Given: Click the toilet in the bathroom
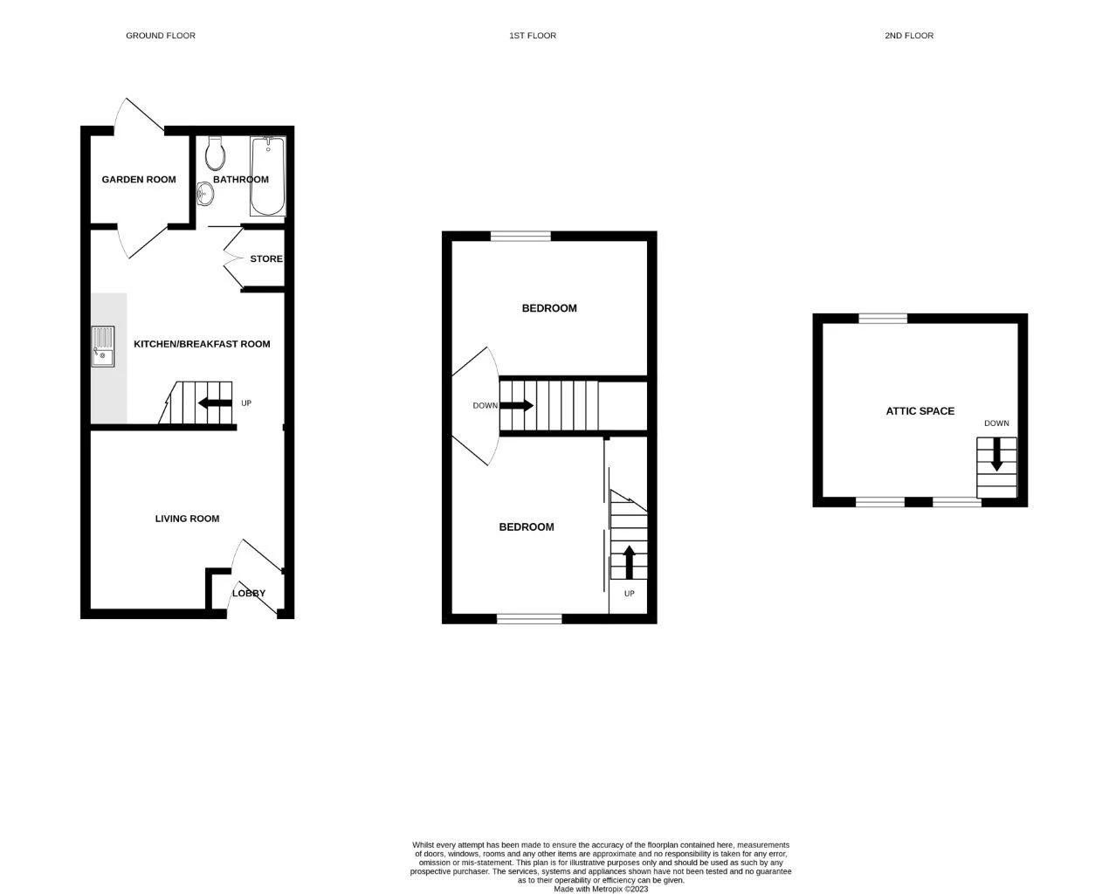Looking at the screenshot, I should pos(215,155).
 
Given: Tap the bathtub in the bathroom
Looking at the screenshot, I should pos(267,176).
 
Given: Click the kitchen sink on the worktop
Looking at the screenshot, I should pos(102,346).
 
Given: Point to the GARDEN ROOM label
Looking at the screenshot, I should pos(139,180).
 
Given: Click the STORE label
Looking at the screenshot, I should pos(266,259).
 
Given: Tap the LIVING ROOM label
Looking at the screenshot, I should pos(187,519).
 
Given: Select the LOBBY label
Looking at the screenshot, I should pos(248,594).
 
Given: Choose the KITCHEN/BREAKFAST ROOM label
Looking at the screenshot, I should pos(202,344).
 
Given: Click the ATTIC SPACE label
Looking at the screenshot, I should pos(920,411).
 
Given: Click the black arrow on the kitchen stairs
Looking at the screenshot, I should pos(213,403).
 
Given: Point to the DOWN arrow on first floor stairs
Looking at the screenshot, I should pos(516,406).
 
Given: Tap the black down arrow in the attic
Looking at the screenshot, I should pos(996,455).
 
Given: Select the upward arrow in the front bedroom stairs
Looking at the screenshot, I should pos(628,561).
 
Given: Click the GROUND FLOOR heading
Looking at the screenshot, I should pos(161,36).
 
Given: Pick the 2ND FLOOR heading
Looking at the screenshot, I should pos(909,36).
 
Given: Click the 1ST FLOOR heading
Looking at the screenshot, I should pos(533,36).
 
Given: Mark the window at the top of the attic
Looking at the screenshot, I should pos(883,319).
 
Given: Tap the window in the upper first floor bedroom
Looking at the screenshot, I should pos(520,236).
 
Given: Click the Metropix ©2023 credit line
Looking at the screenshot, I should pos(601,890).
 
